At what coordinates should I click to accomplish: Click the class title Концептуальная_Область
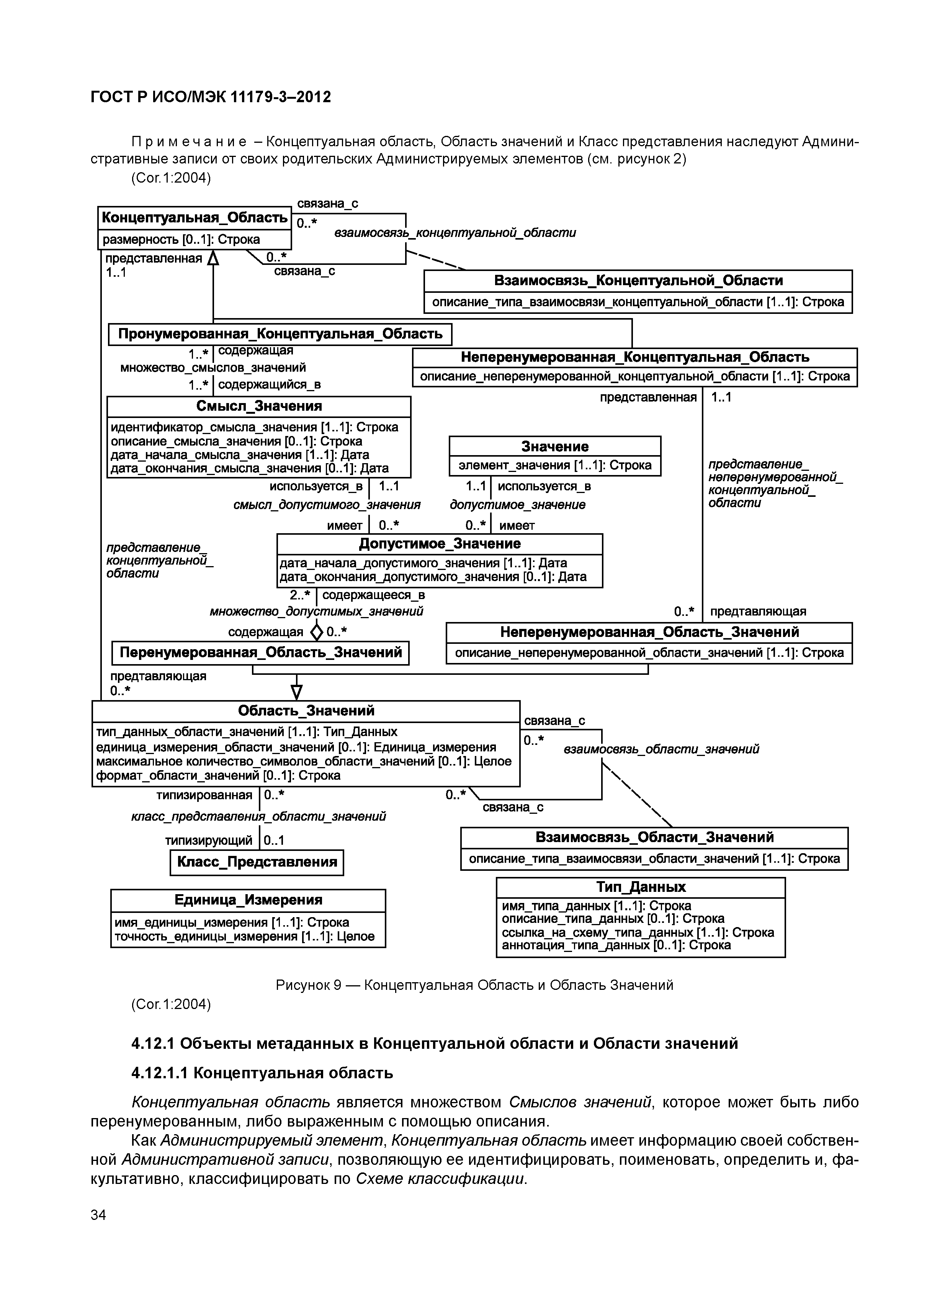[194, 217]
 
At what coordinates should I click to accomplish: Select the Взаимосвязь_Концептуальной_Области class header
[638, 280]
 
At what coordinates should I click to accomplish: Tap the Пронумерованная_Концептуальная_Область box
[280, 334]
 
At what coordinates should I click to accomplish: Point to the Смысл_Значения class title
[259, 406]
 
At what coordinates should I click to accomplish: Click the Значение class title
[554, 447]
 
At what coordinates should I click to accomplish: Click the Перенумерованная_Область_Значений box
[260, 653]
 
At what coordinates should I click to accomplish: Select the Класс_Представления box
[257, 862]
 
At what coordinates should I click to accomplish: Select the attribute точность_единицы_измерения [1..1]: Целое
[244, 936]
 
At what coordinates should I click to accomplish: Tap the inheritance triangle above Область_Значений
[296, 692]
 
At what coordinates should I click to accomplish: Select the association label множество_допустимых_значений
[316, 612]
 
